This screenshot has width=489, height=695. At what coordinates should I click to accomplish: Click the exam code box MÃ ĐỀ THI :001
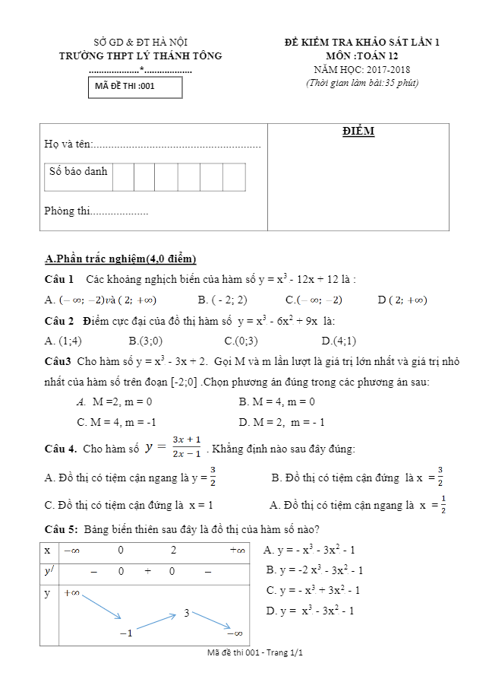pyautogui.click(x=135, y=87)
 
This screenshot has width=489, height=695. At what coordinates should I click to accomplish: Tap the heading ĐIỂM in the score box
pyautogui.click(x=358, y=132)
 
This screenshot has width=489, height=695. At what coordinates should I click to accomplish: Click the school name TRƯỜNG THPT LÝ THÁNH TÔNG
pyautogui.click(x=140, y=56)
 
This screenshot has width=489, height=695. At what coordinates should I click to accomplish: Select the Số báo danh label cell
pyautogui.click(x=78, y=172)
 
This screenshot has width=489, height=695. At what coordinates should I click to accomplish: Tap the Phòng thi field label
pyautogui.click(x=67, y=211)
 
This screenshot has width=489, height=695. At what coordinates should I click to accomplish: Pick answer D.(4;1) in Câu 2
pyautogui.click(x=339, y=340)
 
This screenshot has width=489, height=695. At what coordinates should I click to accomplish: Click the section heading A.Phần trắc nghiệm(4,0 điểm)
pyautogui.click(x=121, y=259)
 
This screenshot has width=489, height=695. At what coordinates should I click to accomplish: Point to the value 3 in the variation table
pyautogui.click(x=187, y=613)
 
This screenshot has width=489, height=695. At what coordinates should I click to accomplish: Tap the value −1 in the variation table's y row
pyautogui.click(x=126, y=633)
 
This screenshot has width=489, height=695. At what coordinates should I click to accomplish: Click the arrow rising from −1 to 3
pyautogui.click(x=156, y=622)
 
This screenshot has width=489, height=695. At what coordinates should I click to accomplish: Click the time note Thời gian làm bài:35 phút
pyautogui.click(x=361, y=83)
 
